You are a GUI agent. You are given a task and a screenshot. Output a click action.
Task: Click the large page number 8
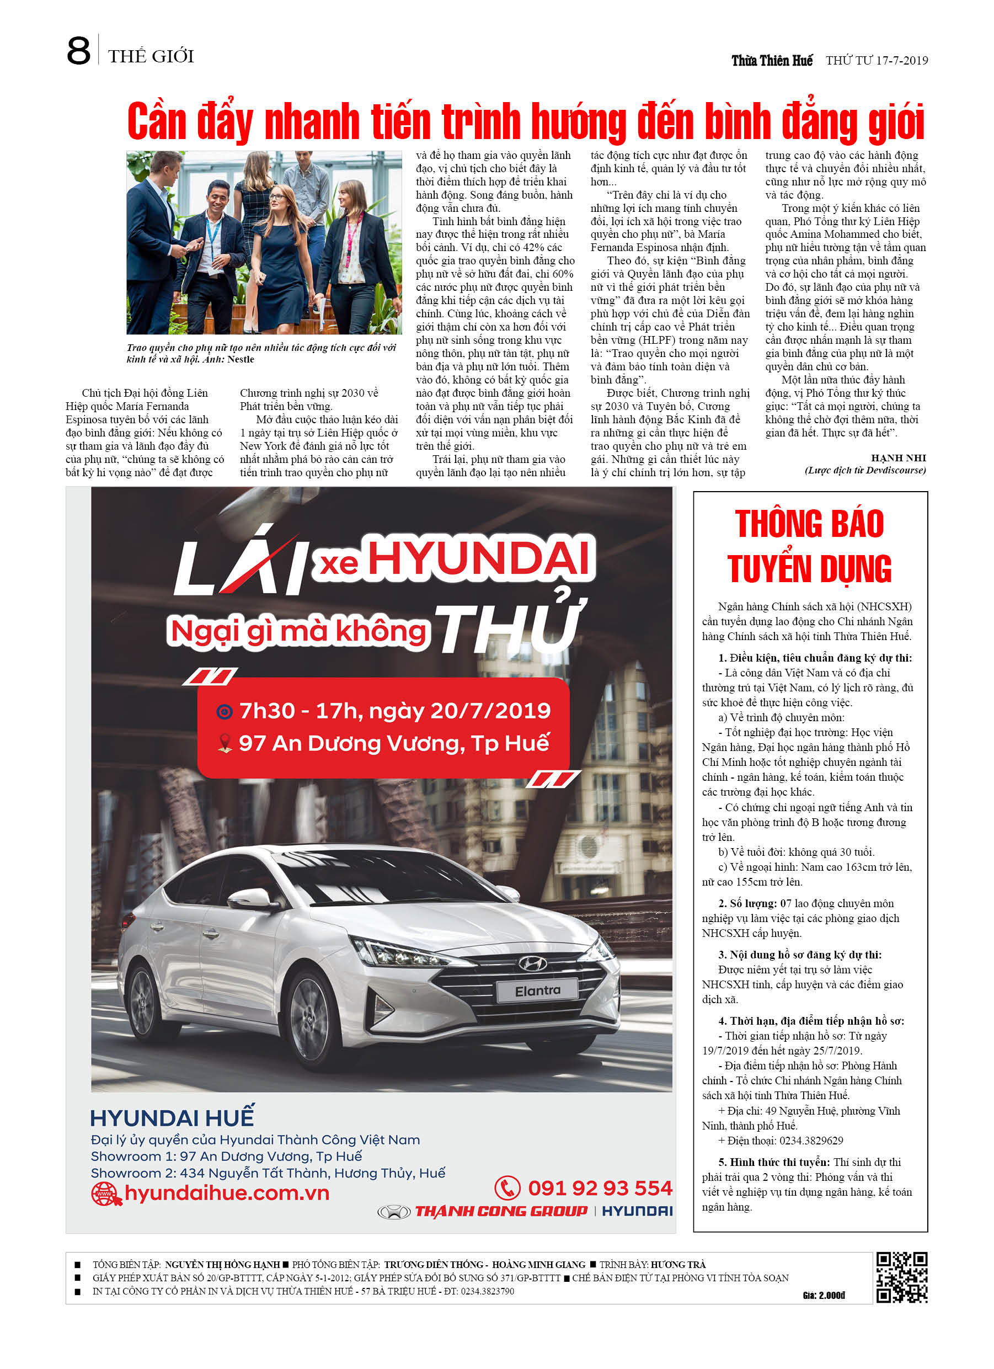(x=78, y=52)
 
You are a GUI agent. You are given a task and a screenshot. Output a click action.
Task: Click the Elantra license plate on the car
(x=537, y=990)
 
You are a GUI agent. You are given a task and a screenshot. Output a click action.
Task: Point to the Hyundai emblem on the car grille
(x=532, y=963)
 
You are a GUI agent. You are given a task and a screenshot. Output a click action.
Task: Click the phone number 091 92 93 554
(x=599, y=1188)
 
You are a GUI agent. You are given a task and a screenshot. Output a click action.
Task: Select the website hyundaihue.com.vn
(x=226, y=1193)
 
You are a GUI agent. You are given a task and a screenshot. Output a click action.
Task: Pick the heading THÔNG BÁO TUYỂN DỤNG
(x=809, y=546)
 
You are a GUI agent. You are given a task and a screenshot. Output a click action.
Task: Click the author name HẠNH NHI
(x=898, y=457)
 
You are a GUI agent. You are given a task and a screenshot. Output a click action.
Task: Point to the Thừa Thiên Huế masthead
(x=772, y=60)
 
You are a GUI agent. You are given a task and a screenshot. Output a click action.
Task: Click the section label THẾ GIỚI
(x=151, y=57)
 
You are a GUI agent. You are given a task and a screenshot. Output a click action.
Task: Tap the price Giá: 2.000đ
(x=824, y=1296)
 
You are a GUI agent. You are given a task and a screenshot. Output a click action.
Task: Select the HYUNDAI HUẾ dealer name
(x=172, y=1118)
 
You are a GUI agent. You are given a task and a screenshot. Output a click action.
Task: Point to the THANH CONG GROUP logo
(x=500, y=1211)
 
